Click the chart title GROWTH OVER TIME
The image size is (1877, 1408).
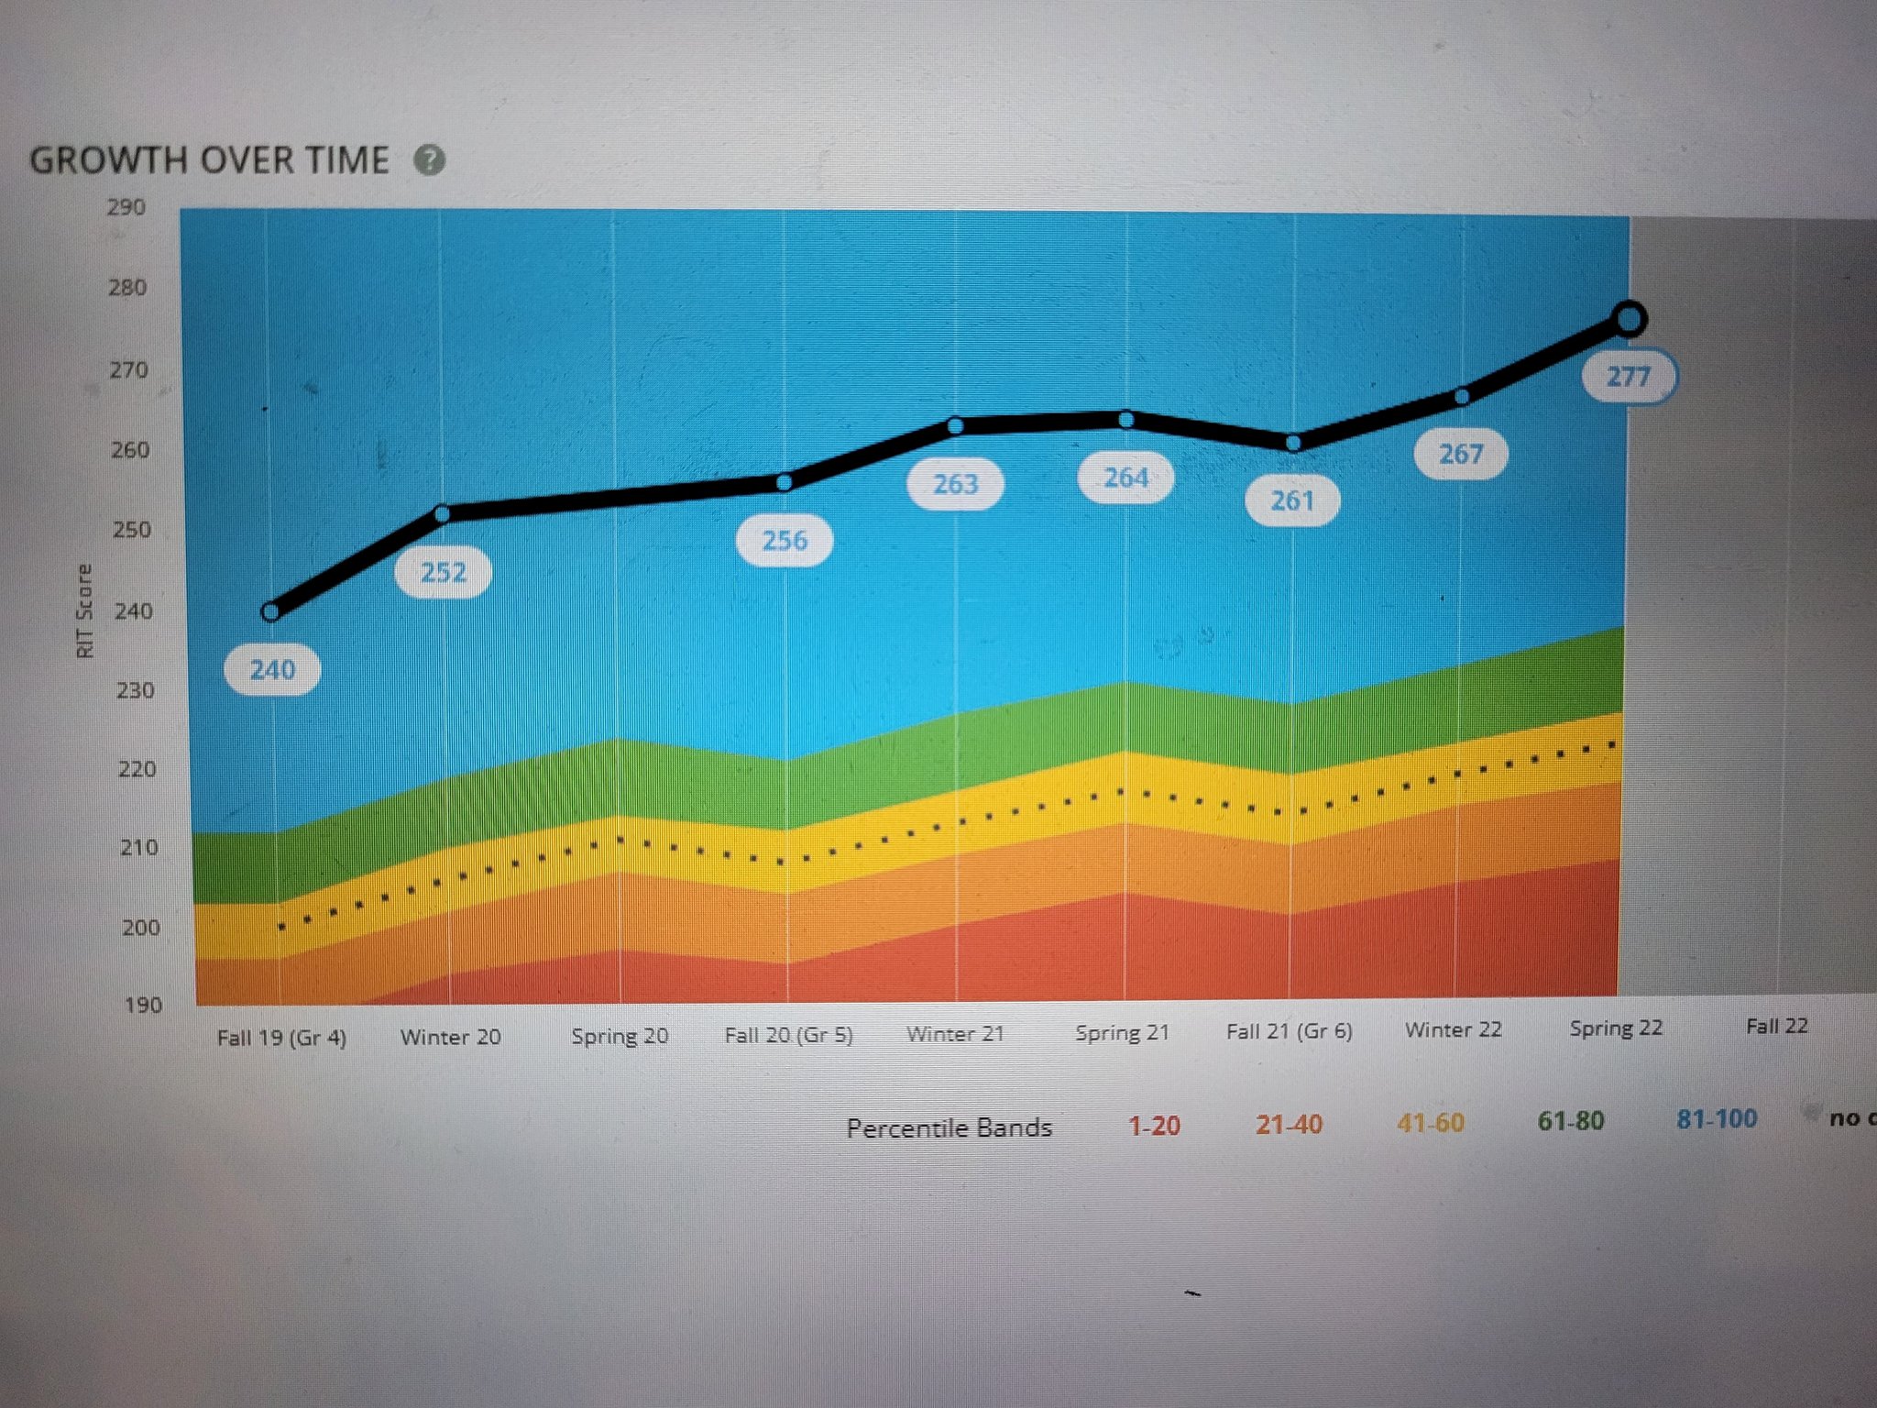pyautogui.click(x=210, y=160)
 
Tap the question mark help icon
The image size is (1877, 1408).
pyautogui.click(x=429, y=160)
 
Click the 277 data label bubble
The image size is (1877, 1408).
pyautogui.click(x=1629, y=376)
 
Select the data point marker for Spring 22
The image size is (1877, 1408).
pyautogui.click(x=1629, y=319)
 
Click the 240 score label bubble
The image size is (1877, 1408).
pyautogui.click(x=272, y=669)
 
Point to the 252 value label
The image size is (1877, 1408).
pyautogui.click(x=444, y=572)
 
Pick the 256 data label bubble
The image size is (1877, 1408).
pyautogui.click(x=785, y=540)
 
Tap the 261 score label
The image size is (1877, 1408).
pyautogui.click(x=1292, y=500)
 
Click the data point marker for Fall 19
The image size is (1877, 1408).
pyautogui.click(x=271, y=611)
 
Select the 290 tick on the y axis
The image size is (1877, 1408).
pyautogui.click(x=126, y=208)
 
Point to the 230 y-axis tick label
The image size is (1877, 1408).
pyautogui.click(x=135, y=690)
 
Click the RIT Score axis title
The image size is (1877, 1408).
pyautogui.click(x=84, y=610)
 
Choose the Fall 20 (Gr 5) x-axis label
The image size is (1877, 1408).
pyautogui.click(x=788, y=1035)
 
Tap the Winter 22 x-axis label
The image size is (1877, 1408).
pyautogui.click(x=1454, y=1029)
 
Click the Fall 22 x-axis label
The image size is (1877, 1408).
pyautogui.click(x=1776, y=1026)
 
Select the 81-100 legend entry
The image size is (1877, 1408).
pyautogui.click(x=1717, y=1118)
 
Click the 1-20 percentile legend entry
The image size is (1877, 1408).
pyautogui.click(x=1154, y=1126)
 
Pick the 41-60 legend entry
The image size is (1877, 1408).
pyautogui.click(x=1431, y=1123)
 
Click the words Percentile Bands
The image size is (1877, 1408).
pyautogui.click(x=949, y=1127)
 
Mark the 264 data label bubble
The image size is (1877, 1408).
pyautogui.click(x=1125, y=478)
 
